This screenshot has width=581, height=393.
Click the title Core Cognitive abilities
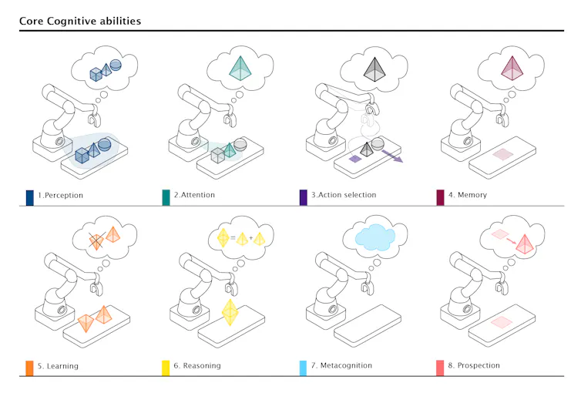point(80,21)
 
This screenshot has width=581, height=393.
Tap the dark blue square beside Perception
point(29,198)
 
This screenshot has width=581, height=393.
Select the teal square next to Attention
point(166,197)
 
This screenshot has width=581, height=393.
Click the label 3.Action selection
point(344,195)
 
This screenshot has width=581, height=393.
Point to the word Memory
point(472,195)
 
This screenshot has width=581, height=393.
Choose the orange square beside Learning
point(29,368)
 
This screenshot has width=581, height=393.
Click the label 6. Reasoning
point(197,365)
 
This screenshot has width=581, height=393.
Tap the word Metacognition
point(346,365)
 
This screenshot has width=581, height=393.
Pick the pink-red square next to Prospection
point(440,368)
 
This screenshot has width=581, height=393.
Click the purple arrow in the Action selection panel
point(392,156)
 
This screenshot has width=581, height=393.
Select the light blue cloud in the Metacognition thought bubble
point(375,238)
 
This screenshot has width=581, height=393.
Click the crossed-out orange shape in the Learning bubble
point(96,240)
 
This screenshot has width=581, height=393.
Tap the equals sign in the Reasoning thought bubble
point(233,238)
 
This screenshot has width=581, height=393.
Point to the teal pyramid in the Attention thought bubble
point(240,68)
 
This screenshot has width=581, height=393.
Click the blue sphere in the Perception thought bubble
point(116,65)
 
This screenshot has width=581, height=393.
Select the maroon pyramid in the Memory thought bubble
point(512,68)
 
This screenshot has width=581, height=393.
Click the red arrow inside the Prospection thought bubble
point(512,241)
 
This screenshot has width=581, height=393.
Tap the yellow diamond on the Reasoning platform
point(230,312)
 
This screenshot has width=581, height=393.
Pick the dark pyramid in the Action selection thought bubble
point(374,69)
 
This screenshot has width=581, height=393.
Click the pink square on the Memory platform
point(503,154)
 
